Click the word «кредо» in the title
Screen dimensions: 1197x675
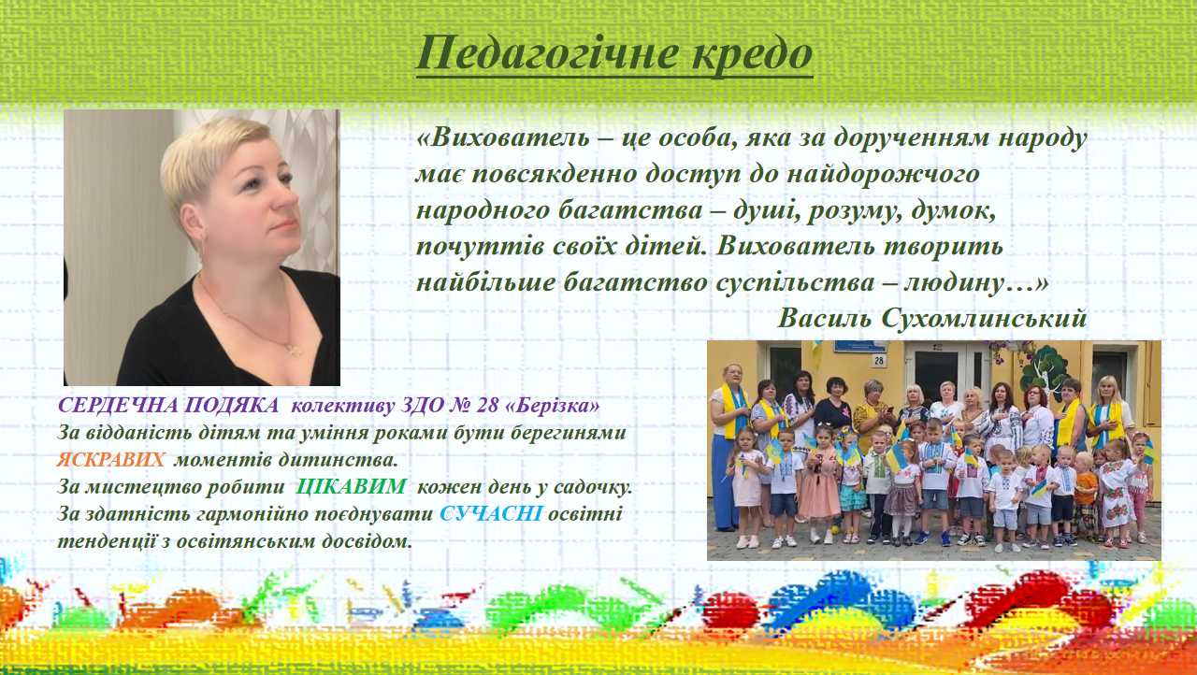click(753, 54)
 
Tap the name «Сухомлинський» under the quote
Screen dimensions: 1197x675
click(985, 318)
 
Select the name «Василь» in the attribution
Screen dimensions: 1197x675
click(825, 318)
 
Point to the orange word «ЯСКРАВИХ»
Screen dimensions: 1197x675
click(110, 460)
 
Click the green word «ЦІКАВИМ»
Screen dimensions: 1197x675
click(351, 486)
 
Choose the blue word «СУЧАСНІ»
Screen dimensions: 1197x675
click(491, 513)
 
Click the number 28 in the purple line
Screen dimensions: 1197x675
click(486, 406)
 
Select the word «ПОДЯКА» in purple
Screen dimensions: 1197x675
click(231, 406)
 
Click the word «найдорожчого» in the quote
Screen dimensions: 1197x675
click(883, 175)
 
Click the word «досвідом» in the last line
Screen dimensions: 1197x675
click(367, 541)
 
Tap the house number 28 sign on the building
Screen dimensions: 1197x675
click(879, 361)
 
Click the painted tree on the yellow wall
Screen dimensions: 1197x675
click(1043, 370)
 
